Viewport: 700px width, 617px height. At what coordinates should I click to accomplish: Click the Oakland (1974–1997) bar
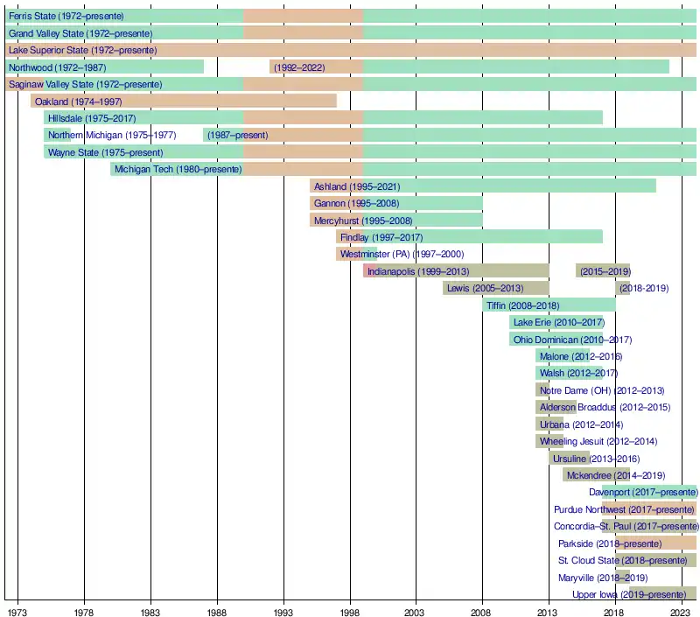point(184,101)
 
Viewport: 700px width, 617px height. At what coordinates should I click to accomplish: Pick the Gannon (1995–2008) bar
point(395,203)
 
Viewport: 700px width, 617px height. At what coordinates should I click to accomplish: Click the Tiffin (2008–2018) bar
point(549,305)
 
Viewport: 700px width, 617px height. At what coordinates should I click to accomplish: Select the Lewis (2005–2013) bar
point(495,288)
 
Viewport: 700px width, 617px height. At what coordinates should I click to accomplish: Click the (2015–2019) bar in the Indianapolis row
point(603,271)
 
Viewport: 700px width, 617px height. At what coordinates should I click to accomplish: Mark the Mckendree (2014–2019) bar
point(596,475)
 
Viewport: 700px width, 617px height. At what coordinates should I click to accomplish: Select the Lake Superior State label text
point(82,50)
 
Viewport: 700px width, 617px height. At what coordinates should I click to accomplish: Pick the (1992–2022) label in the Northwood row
point(300,67)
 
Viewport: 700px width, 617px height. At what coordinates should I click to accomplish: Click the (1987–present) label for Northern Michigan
point(237,135)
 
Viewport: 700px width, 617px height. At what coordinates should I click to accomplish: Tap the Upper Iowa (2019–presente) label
point(628,595)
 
